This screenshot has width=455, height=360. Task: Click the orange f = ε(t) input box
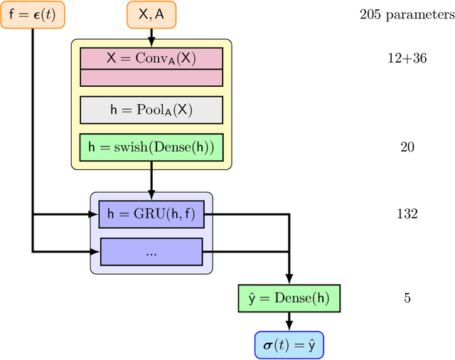pyautogui.click(x=33, y=14)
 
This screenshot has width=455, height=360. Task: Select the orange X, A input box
pyautogui.click(x=151, y=14)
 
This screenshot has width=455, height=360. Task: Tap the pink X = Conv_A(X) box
pyautogui.click(x=151, y=58)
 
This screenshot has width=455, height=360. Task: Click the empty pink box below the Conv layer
pyautogui.click(x=151, y=78)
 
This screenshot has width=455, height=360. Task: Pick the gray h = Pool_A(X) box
pyautogui.click(x=151, y=110)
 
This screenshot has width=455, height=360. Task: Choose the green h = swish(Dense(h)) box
pyautogui.click(x=151, y=147)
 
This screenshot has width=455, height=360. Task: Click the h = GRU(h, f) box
pyautogui.click(x=151, y=213)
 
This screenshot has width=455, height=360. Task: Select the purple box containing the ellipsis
pyautogui.click(x=151, y=251)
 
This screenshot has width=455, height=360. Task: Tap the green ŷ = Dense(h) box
pyautogui.click(x=289, y=298)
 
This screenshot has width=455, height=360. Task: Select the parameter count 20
pyautogui.click(x=407, y=147)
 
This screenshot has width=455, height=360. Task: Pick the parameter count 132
pyautogui.click(x=407, y=213)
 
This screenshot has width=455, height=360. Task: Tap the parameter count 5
pyautogui.click(x=407, y=298)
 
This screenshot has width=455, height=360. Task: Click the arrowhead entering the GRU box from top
pyautogui.click(x=151, y=194)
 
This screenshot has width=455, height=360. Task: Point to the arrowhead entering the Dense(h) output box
pyautogui.click(x=289, y=280)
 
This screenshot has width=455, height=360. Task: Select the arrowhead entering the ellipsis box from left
pyautogui.click(x=95, y=251)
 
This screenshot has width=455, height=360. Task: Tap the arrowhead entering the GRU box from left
pyautogui.click(x=95, y=213)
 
